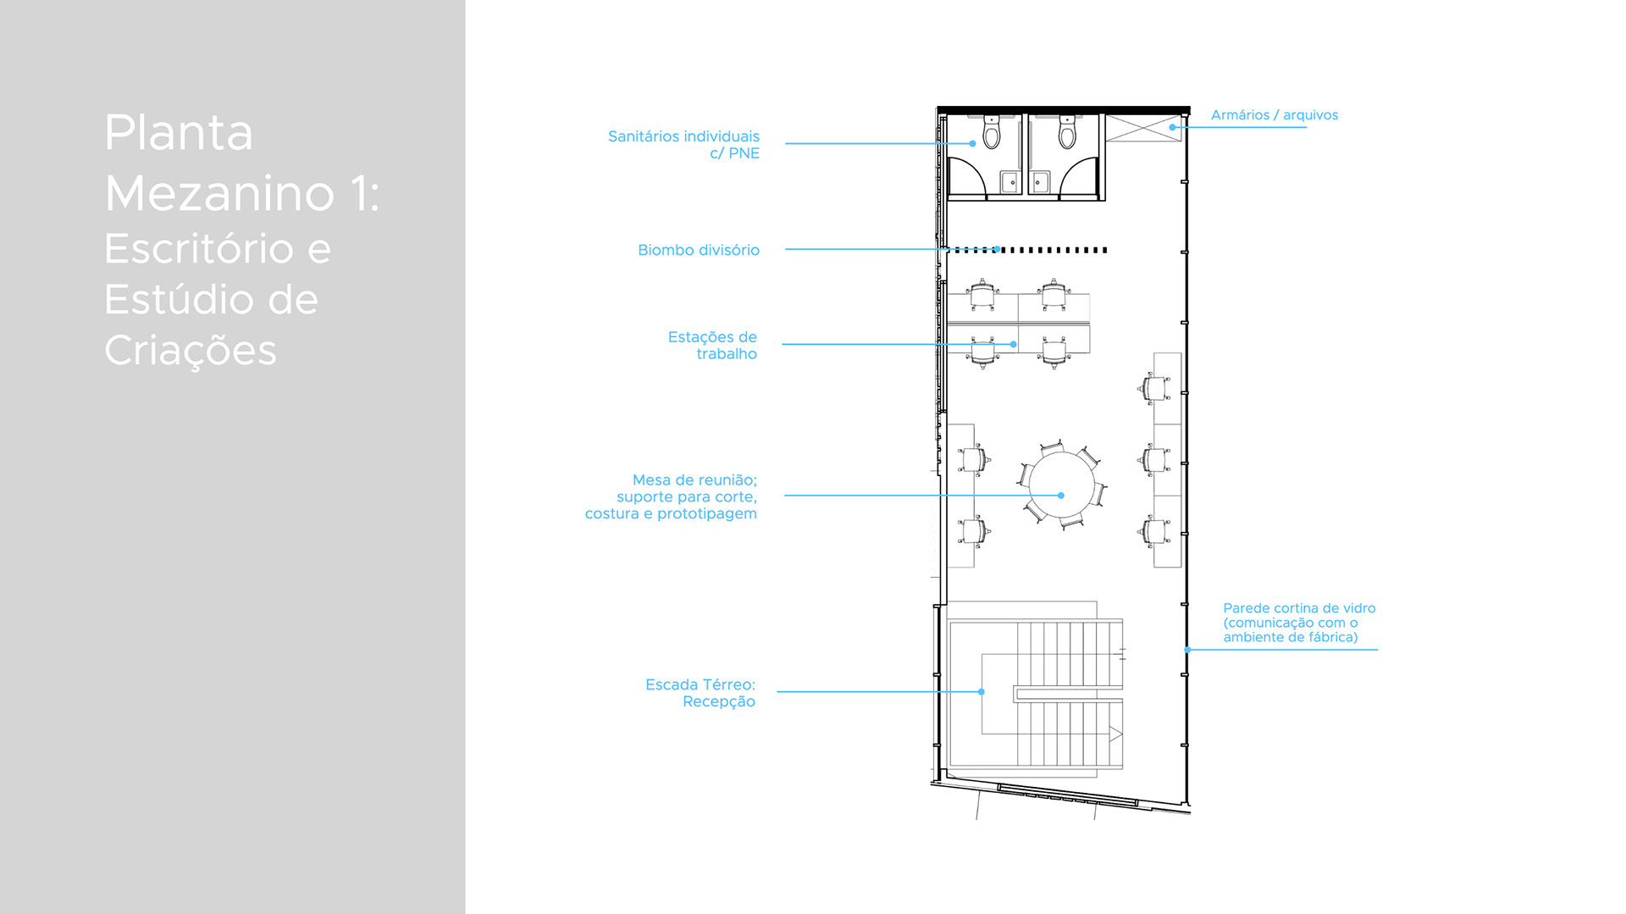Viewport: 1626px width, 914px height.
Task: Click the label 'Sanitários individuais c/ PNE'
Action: click(683, 144)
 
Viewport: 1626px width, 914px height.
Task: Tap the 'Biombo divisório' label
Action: click(698, 250)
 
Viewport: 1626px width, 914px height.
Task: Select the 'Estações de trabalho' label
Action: click(712, 345)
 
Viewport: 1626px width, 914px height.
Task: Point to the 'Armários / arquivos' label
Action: click(1274, 115)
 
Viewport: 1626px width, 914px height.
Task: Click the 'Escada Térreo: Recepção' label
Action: click(700, 692)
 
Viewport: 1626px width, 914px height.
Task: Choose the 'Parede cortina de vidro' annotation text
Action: click(1298, 622)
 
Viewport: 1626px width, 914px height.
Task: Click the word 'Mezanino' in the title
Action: click(219, 193)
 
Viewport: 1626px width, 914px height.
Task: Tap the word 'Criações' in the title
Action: click(191, 350)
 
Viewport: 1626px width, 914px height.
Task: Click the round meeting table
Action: click(1061, 485)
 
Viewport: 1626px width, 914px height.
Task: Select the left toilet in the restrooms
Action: click(992, 133)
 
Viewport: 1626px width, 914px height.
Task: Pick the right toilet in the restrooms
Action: click(1067, 133)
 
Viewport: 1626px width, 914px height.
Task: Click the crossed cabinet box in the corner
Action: click(1143, 128)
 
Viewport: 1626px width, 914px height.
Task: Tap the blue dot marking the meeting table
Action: click(1061, 496)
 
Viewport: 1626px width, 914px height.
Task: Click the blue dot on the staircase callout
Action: click(982, 692)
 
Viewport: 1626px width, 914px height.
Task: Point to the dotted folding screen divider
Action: click(1029, 250)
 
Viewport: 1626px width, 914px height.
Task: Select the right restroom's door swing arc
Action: click(1079, 175)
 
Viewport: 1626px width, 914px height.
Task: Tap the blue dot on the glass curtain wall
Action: click(1187, 650)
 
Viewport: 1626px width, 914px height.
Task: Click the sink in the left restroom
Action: click(1010, 181)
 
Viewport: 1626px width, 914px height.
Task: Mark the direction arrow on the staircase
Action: click(1115, 734)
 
